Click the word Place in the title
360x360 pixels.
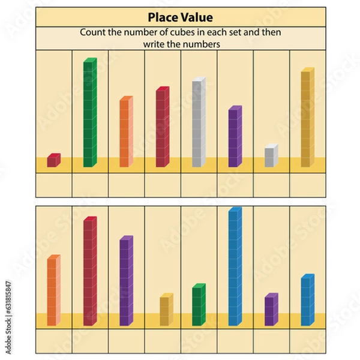[x=162, y=17]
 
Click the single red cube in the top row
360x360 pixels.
[x=53, y=160]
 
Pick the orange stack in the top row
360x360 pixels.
[x=125, y=131]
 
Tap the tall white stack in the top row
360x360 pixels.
[x=199, y=122]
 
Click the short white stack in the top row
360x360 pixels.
[x=271, y=155]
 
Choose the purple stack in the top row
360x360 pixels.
[x=235, y=137]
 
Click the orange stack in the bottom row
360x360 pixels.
[x=53, y=290]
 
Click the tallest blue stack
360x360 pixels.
[x=235, y=266]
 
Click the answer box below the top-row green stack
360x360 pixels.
[x=90, y=185]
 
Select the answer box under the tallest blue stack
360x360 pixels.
[x=235, y=341]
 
